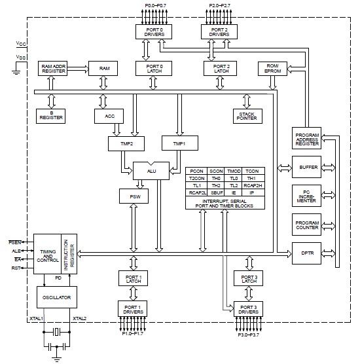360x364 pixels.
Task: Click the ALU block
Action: click(x=151, y=171)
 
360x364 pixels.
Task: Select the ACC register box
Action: click(x=109, y=116)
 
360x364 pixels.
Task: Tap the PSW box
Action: click(x=134, y=196)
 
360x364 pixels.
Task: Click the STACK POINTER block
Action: click(x=247, y=116)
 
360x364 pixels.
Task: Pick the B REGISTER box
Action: click(x=50, y=116)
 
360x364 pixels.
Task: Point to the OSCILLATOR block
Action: click(x=57, y=297)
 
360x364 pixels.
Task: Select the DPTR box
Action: click(x=306, y=253)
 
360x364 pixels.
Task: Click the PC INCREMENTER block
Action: click(x=306, y=196)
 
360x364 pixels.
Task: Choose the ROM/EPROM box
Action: click(x=272, y=69)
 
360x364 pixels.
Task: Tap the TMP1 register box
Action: click(x=180, y=143)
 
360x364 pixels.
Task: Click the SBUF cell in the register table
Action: click(x=217, y=192)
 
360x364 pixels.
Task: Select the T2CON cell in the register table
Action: click(x=196, y=178)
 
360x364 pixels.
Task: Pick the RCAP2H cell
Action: click(x=253, y=185)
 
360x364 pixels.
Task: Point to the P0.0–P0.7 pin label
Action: click(x=156, y=5)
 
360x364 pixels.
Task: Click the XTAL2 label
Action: click(x=80, y=318)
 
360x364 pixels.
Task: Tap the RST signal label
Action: click(x=16, y=268)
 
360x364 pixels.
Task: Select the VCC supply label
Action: click(x=21, y=43)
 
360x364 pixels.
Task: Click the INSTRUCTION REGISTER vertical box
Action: click(x=69, y=254)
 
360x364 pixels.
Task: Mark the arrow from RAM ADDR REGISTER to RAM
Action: click(x=78, y=69)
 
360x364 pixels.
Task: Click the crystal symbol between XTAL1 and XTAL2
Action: click(x=57, y=332)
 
